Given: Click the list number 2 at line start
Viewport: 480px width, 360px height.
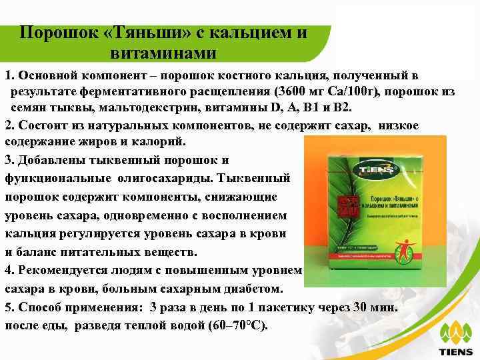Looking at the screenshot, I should coord(9,125).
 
